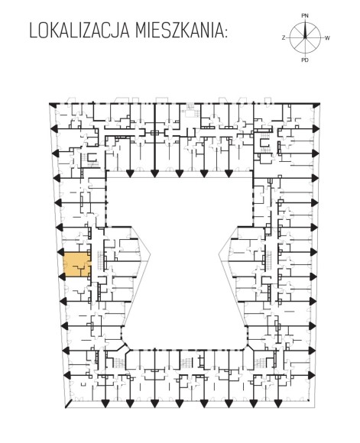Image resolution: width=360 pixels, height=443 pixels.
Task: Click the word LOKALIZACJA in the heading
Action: coord(79,31)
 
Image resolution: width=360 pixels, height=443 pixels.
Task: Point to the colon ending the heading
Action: coord(225,33)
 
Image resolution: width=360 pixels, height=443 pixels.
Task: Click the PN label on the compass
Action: coord(304,16)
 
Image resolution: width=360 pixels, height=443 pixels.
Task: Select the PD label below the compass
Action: coord(304,60)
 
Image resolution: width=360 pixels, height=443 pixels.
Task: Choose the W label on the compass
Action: coord(327,38)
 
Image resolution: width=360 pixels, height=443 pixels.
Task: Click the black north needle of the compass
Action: coord(305,30)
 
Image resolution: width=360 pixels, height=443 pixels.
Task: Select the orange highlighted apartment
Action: coord(76,264)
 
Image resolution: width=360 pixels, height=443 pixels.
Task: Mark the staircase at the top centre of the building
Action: coord(189,111)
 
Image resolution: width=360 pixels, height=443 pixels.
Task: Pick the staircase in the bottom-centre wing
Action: coord(186,362)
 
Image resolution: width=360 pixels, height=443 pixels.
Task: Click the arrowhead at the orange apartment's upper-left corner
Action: coord(62,252)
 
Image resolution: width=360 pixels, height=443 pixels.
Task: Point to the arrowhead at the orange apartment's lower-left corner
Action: coord(62,276)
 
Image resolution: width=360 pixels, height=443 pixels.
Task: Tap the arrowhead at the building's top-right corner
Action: coord(316,105)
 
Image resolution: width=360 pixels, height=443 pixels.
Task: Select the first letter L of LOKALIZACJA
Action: coord(33,31)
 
